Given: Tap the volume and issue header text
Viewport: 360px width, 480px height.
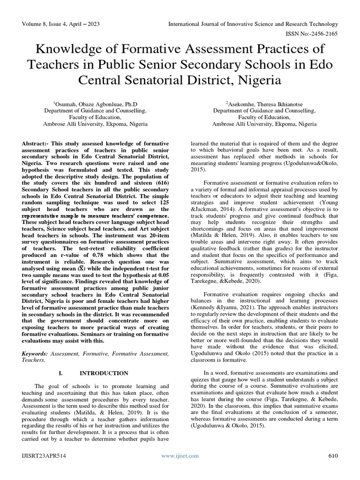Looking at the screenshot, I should click(x=60, y=24).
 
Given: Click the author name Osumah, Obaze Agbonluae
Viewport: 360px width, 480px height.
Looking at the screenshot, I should click(x=93, y=103).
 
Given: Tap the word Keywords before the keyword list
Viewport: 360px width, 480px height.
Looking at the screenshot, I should click(x=35, y=352).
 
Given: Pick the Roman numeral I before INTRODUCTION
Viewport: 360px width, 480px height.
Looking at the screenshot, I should click(x=60, y=373).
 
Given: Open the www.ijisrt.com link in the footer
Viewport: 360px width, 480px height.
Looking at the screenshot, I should click(x=180, y=456).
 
